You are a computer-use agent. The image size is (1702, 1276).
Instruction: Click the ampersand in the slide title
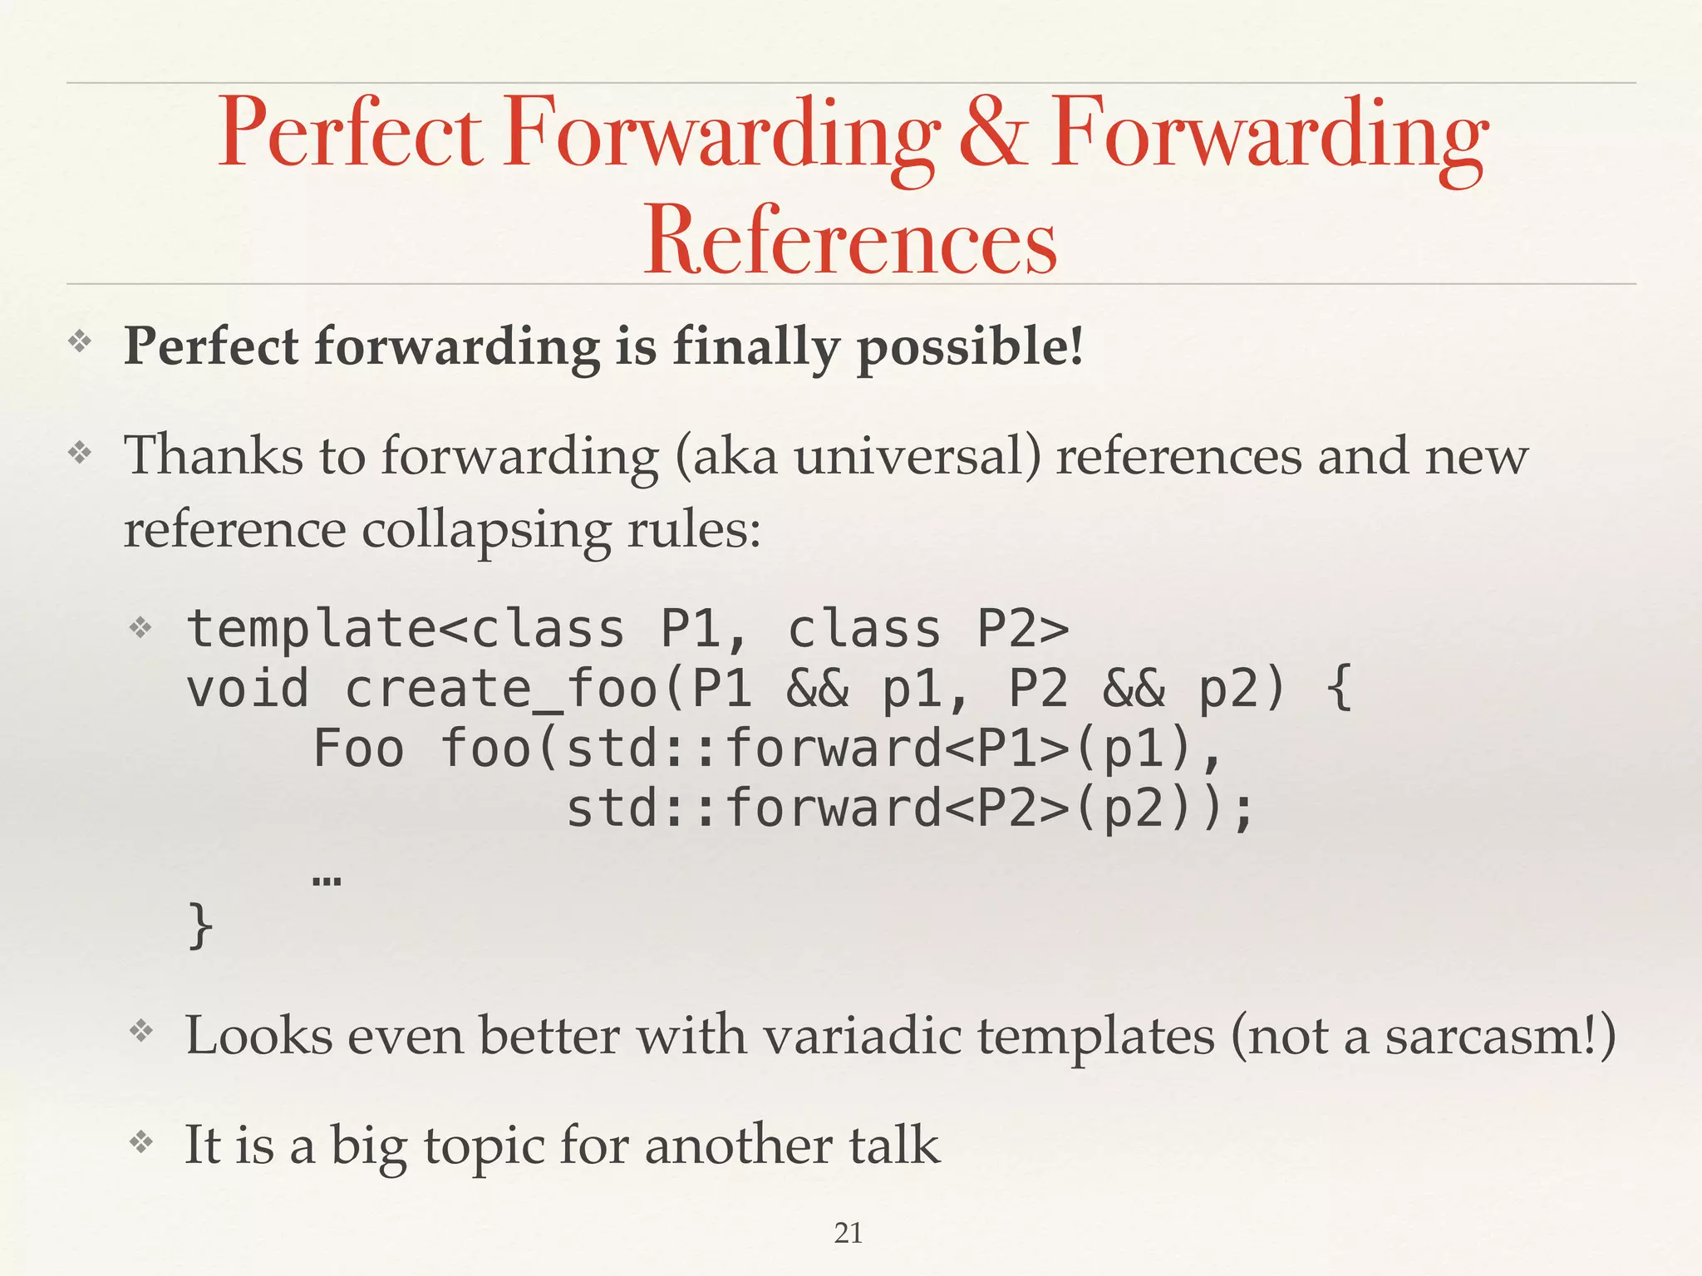(994, 133)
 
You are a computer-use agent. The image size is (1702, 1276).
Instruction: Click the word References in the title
(849, 240)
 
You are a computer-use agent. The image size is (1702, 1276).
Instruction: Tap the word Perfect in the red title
(349, 133)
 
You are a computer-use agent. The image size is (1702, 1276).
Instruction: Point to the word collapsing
(486, 529)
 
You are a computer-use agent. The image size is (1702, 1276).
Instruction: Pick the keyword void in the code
(247, 689)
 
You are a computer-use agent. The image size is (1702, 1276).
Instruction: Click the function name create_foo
(501, 689)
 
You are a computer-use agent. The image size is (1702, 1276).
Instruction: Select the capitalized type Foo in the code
(358, 748)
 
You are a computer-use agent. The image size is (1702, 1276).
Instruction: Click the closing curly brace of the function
(200, 925)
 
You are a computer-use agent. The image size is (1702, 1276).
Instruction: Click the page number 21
(848, 1233)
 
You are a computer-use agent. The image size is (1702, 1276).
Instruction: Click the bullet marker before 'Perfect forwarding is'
(80, 341)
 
